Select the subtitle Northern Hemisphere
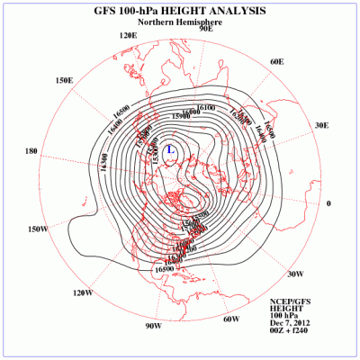click(x=179, y=22)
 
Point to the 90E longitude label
click(x=205, y=29)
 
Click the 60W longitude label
click(x=230, y=319)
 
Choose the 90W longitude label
click(x=153, y=326)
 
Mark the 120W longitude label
click(x=83, y=292)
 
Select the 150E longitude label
click(x=64, y=80)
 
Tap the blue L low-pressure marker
click(x=170, y=147)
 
